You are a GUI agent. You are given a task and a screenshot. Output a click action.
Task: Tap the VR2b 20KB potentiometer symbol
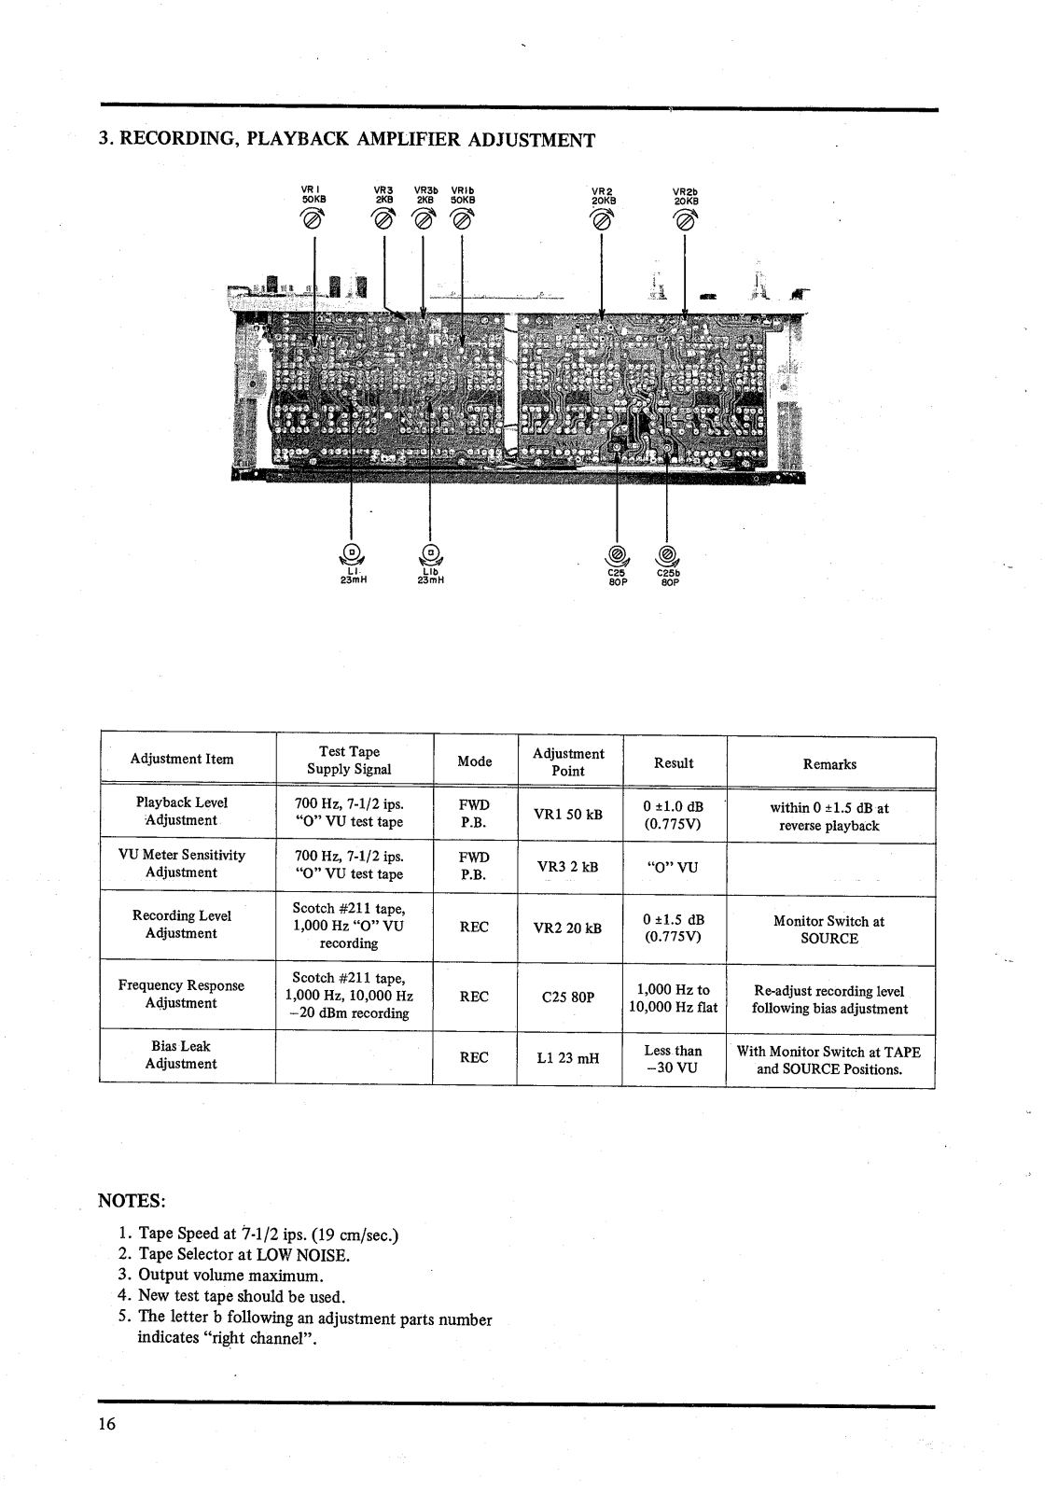[686, 220]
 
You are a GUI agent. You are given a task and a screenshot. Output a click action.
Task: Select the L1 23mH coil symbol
[352, 552]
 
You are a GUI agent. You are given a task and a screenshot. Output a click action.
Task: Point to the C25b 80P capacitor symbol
[666, 552]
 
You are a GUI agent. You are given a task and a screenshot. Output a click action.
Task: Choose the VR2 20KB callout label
[604, 194]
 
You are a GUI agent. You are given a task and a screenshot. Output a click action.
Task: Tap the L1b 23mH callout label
[429, 575]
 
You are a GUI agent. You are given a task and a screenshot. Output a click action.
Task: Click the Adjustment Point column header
[568, 762]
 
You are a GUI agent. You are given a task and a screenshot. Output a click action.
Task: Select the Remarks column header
[829, 764]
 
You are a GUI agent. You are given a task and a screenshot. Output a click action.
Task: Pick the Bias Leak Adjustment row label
[182, 1055]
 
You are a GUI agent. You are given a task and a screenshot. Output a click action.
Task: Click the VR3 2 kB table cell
[568, 866]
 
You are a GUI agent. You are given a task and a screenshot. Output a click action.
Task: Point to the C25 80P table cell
[568, 997]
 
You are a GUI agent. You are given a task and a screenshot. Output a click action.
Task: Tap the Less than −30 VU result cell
[673, 1060]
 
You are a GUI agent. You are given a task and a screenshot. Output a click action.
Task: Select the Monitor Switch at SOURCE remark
[829, 929]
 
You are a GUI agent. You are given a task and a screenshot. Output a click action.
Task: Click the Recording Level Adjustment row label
[182, 924]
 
